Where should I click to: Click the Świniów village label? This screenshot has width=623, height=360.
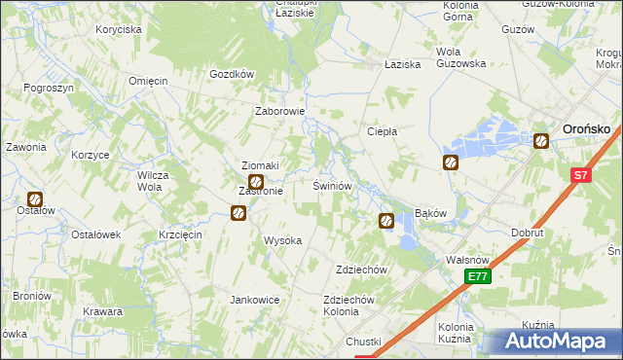(331, 185)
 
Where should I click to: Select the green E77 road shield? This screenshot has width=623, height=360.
(477, 277)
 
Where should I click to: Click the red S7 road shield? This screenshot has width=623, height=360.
(580, 176)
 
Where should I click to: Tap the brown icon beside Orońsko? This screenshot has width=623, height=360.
(541, 141)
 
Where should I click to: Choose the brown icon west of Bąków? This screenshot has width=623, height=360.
(385, 222)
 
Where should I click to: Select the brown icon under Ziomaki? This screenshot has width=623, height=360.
(256, 182)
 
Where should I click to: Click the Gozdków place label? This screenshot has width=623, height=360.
(232, 74)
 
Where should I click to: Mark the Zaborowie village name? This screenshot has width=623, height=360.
(280, 111)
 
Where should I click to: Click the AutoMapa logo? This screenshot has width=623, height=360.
(561, 342)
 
